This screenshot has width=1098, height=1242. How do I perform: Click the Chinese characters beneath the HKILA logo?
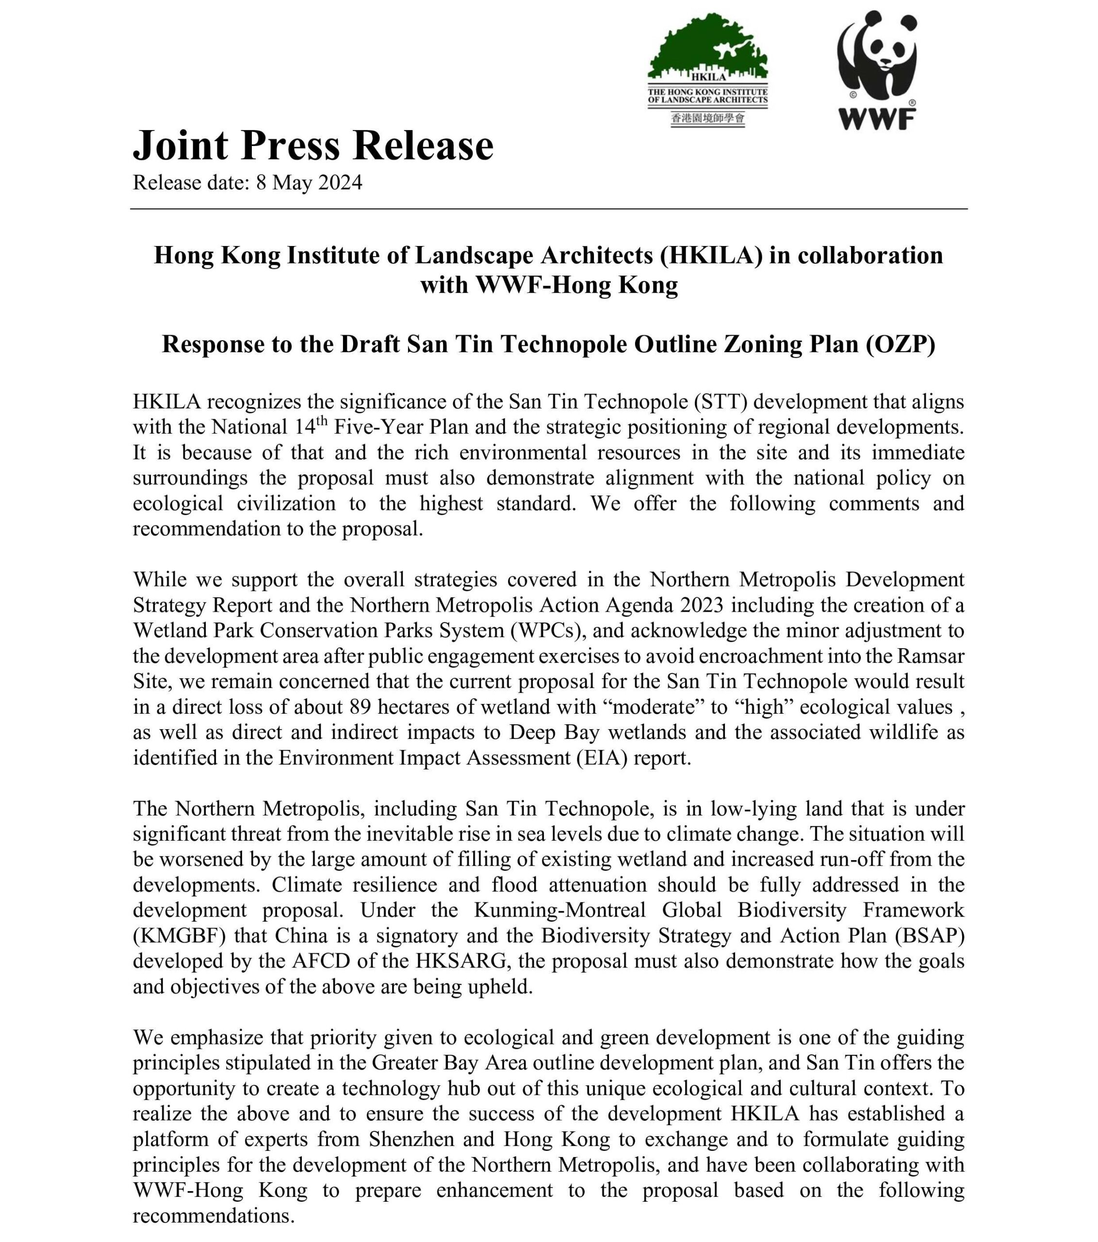[707, 118]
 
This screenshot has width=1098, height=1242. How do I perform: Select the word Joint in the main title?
[180, 146]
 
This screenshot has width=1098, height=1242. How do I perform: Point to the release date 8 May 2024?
[309, 183]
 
